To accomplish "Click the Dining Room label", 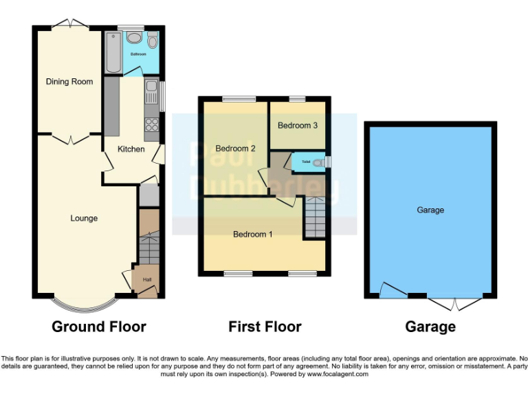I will pos(69,82).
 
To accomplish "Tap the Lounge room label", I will pos(84,219).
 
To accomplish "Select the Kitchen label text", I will pos(131,149).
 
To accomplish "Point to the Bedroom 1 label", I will pos(253,234).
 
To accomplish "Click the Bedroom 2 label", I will pos(235,148).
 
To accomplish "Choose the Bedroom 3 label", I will pos(298,126).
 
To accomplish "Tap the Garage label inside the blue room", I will pos(430,210).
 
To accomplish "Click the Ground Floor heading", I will pos(99,327).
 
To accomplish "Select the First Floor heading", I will pos(265,327).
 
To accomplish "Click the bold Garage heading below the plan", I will pos(430,327).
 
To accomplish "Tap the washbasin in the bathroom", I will pos(135,38).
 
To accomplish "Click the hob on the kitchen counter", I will pos(151,125).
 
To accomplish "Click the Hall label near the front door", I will pos(146,280).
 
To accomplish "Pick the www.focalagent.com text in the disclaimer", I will pos(338,375).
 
